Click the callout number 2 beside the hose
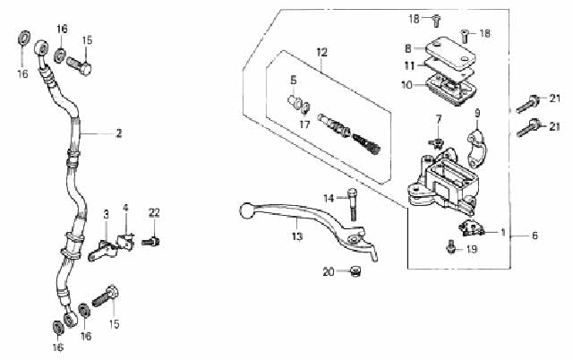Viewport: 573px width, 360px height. [x=118, y=133]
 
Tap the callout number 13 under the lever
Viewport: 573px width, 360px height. [x=297, y=236]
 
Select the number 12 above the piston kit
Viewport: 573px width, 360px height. [x=322, y=52]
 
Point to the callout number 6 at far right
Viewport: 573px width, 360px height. [x=535, y=236]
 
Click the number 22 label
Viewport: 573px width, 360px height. [x=154, y=213]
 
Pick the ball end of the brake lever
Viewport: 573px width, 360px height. [x=246, y=210]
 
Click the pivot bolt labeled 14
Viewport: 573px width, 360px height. [x=352, y=204]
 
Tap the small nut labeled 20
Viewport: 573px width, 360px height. [x=355, y=271]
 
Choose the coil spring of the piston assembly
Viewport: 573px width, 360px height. [x=366, y=144]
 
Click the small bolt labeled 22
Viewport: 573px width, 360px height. [x=151, y=242]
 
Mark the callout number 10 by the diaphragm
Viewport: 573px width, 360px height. [x=406, y=85]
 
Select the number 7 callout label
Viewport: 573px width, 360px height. [x=439, y=119]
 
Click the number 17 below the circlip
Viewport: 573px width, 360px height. [x=304, y=124]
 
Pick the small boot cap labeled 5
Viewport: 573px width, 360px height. [x=294, y=101]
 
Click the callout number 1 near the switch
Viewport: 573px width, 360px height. [x=503, y=232]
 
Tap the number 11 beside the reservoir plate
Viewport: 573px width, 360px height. [x=410, y=66]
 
